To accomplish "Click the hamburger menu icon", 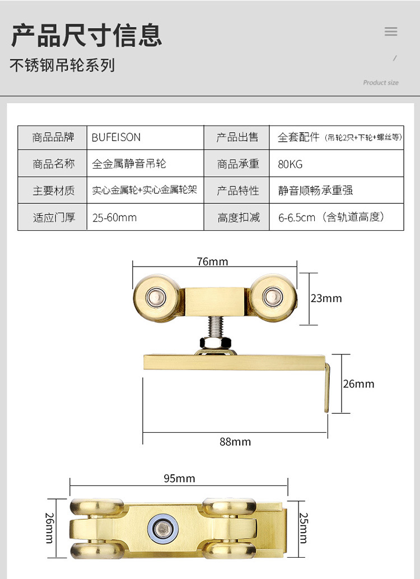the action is tap(391, 31).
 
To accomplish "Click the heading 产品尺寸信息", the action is tap(87, 34).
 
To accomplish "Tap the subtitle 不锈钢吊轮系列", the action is tap(62, 66).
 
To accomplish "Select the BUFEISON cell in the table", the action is tap(116, 137).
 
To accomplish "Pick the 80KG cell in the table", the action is tap(290, 164).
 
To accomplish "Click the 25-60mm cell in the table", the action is tap(115, 217).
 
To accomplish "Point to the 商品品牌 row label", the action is tap(53, 137).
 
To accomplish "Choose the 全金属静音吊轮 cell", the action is tap(129, 164).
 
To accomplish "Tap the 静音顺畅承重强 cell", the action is tap(315, 190).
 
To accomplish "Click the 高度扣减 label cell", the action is tap(239, 217).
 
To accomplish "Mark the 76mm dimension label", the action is tap(213, 262).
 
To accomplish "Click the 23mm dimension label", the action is tap(326, 298).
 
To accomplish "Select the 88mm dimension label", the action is tap(235, 441).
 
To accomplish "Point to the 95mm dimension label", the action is tap(179, 478).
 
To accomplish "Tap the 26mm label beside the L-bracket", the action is tap(358, 384).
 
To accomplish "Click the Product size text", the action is tap(381, 82).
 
